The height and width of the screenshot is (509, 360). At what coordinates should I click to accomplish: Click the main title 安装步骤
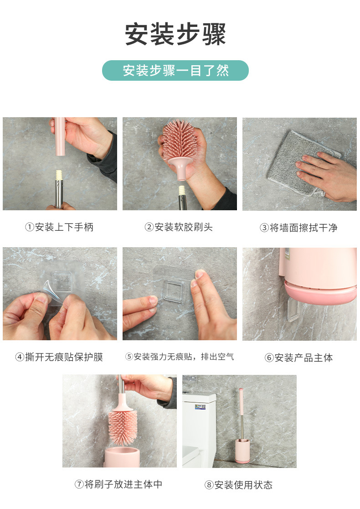175,34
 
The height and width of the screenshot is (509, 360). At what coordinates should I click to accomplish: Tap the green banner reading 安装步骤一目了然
175,71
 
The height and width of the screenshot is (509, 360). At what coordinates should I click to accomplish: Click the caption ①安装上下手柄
59,227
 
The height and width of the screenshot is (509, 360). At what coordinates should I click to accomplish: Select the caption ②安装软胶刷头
179,227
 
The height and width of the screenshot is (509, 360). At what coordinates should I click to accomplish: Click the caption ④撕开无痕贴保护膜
59,357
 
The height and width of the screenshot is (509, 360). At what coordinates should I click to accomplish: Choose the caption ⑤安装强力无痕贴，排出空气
180,357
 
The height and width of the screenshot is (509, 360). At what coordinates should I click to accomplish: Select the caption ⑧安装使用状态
238,485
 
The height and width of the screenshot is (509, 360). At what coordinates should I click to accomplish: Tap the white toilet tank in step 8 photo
198,406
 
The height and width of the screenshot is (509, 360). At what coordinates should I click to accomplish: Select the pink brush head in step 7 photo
122,424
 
